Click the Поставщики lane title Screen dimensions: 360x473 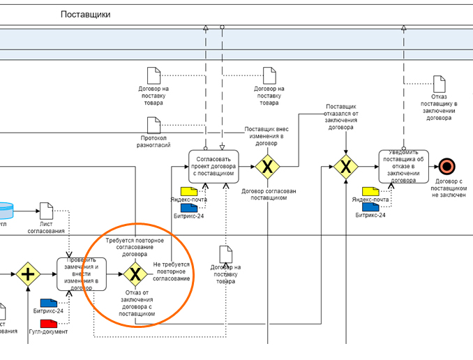point(85,14)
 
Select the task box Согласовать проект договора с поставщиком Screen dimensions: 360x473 point(218,167)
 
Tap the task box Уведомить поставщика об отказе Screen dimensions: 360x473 point(407,166)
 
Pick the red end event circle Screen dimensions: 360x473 point(447,166)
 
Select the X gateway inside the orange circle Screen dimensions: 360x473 point(135,273)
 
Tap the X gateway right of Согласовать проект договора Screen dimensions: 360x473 point(266,167)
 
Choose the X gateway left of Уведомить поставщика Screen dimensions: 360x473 point(345,166)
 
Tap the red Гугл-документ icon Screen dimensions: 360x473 point(49,323)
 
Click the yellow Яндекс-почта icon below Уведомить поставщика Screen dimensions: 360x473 point(370,190)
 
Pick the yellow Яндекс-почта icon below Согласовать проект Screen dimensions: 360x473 point(189,191)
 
